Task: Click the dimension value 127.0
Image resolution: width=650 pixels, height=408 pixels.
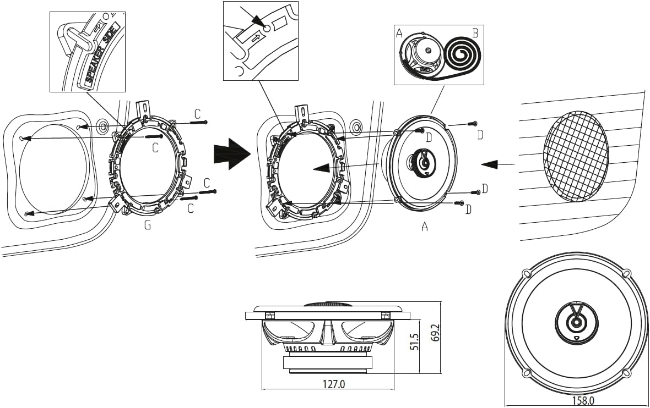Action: click(x=334, y=384)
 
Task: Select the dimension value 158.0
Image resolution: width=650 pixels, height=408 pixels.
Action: click(x=583, y=400)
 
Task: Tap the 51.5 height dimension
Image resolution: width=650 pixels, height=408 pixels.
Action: click(x=414, y=340)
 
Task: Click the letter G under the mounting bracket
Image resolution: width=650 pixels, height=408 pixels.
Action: click(x=148, y=225)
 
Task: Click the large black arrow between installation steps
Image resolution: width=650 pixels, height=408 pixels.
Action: click(x=232, y=153)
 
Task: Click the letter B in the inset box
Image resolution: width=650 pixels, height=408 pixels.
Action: click(x=475, y=33)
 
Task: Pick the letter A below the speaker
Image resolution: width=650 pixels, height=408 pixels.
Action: click(x=424, y=227)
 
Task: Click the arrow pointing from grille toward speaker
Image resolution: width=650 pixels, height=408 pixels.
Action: click(x=498, y=164)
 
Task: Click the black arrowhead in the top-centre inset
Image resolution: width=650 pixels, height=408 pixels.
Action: click(x=259, y=21)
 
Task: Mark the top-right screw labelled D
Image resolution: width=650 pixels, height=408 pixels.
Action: click(x=472, y=123)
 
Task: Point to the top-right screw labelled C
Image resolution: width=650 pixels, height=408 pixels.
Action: click(x=198, y=122)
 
